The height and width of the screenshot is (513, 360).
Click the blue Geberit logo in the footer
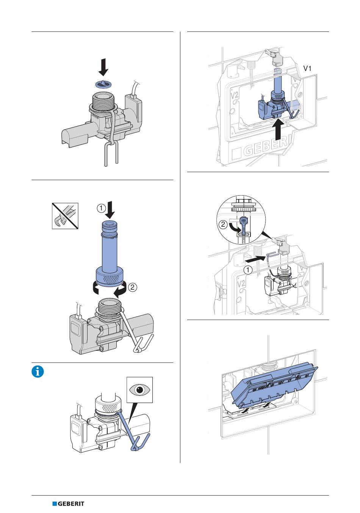(68, 504)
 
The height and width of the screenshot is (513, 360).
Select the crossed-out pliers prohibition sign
(65, 216)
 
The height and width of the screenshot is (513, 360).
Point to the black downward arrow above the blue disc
(103, 67)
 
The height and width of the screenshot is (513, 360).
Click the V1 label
(307, 68)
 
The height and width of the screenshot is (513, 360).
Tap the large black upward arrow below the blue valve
(278, 130)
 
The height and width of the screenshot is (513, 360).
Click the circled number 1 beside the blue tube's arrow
(101, 209)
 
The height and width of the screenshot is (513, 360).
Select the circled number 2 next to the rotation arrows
(133, 287)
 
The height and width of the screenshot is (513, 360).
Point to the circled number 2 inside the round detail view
(223, 224)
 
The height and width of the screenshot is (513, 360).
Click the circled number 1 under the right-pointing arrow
(248, 270)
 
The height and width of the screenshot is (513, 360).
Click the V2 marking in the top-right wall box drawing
(234, 94)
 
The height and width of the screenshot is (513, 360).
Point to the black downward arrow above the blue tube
(110, 210)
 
